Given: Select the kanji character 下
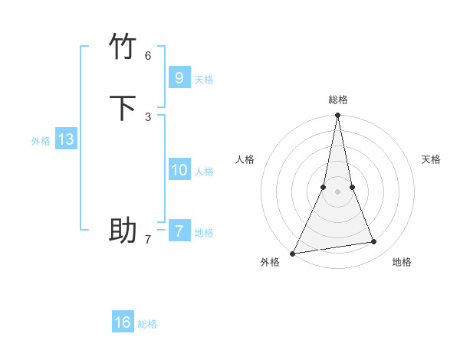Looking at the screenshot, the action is pyautogui.click(x=123, y=108).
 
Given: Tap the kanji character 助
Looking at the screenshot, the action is pyautogui.click(x=123, y=230).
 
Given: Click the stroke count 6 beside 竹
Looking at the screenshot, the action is pyautogui.click(x=148, y=55).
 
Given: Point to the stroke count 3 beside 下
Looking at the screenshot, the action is pyautogui.click(x=148, y=116).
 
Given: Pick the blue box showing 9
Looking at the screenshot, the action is pyautogui.click(x=179, y=77).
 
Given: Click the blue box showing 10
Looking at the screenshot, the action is pyautogui.click(x=179, y=169).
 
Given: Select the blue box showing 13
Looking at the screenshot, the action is pyautogui.click(x=65, y=139).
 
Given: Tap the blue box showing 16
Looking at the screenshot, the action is pyautogui.click(x=123, y=322).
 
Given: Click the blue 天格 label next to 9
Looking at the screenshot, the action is pyautogui.click(x=204, y=80).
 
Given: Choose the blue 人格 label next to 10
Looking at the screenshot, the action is pyautogui.click(x=204, y=172).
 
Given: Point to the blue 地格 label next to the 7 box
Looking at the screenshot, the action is pyautogui.click(x=204, y=233).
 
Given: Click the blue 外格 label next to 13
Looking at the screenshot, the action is pyautogui.click(x=41, y=141).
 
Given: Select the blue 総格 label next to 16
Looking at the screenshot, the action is pyautogui.click(x=147, y=324).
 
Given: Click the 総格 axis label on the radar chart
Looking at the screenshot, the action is pyautogui.click(x=338, y=100).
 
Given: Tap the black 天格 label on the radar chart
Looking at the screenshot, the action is pyautogui.click(x=431, y=159).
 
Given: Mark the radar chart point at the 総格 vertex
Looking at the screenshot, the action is pyautogui.click(x=337, y=116).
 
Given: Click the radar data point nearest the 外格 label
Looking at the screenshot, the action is pyautogui.click(x=293, y=253).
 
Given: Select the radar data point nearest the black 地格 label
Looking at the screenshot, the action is pyautogui.click(x=374, y=242).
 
